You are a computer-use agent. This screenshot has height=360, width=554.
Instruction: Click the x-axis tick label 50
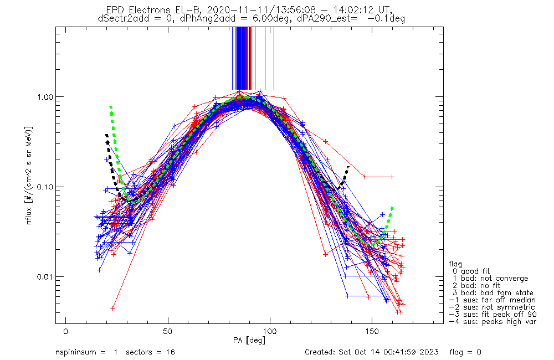click(x=168, y=332)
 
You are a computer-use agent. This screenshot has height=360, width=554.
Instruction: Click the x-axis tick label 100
click(x=270, y=332)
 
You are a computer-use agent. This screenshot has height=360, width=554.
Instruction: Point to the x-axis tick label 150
click(x=372, y=332)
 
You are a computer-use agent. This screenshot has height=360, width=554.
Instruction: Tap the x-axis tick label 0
click(x=66, y=332)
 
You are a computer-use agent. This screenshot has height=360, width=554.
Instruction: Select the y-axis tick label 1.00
click(x=44, y=97)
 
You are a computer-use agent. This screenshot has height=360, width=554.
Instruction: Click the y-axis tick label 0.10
click(x=44, y=187)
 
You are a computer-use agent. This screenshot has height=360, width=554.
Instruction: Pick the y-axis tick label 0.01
click(x=44, y=276)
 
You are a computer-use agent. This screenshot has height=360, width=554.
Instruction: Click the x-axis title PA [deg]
click(x=249, y=341)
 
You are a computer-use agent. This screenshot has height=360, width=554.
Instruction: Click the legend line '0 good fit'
click(x=471, y=271)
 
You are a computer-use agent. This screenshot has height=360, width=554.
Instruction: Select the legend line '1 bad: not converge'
click(x=491, y=279)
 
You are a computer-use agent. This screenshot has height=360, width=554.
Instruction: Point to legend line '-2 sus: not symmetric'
click(x=492, y=307)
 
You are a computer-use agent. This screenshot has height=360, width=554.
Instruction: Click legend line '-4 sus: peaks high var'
click(x=493, y=322)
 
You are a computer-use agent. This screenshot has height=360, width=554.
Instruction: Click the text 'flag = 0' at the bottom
click(x=465, y=352)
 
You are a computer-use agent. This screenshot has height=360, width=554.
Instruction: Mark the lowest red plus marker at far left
click(x=112, y=308)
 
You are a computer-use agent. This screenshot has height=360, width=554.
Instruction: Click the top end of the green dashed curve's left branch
click(x=111, y=107)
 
